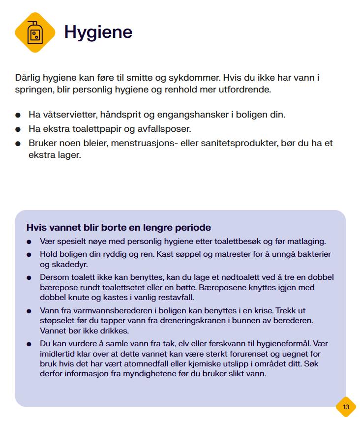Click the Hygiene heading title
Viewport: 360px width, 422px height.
[x=98, y=32]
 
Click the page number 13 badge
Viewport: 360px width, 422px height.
[x=346, y=407]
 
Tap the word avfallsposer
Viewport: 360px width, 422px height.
[x=166, y=129]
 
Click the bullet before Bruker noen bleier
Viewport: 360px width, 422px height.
[x=18, y=144]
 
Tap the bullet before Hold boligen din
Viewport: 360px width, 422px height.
[x=30, y=255]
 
